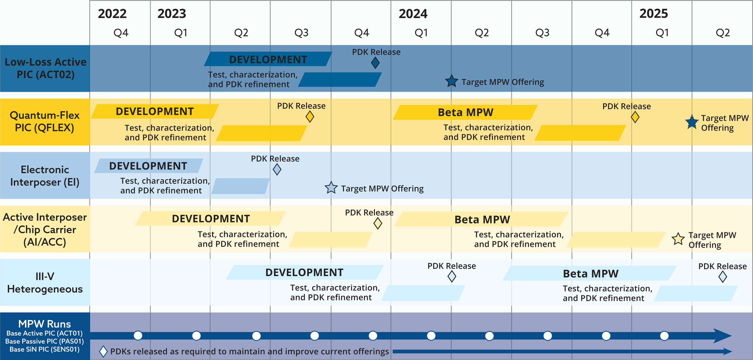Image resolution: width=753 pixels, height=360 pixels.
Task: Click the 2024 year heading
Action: coord(413,14)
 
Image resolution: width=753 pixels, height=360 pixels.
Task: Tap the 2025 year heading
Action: coord(654,14)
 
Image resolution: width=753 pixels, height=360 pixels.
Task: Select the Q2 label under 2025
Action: coord(723,33)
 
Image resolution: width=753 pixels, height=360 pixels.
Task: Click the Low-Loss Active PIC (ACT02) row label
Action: coord(45,68)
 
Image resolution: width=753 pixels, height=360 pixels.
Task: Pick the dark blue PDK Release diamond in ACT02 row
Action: coord(375,63)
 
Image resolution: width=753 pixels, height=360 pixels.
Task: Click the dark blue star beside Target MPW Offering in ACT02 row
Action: coord(451,81)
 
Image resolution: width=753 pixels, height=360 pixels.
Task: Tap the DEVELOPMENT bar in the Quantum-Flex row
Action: coord(155,111)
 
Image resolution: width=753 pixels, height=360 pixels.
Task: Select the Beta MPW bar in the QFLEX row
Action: coord(465,112)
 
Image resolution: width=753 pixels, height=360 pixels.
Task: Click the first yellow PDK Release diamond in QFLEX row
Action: coord(310,117)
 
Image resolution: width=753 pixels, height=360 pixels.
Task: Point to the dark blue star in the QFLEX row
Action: coord(692,122)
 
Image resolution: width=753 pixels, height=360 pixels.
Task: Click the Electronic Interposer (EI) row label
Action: coord(45,176)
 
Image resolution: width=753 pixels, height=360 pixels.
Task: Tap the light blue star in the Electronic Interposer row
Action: coord(331,188)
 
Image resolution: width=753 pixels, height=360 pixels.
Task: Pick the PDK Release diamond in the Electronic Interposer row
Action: coord(277,169)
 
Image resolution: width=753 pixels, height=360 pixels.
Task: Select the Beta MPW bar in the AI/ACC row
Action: coord(482,219)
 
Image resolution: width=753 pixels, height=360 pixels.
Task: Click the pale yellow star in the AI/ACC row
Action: coord(678,239)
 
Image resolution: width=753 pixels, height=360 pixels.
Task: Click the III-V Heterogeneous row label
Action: coord(45,283)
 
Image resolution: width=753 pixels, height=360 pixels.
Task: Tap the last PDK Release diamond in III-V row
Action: coord(723,277)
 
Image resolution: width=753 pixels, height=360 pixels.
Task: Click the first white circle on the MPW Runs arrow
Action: coord(138,335)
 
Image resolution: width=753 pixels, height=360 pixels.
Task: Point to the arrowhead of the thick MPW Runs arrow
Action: coord(723,336)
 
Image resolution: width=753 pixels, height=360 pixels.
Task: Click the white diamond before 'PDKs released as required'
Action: coord(103,351)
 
